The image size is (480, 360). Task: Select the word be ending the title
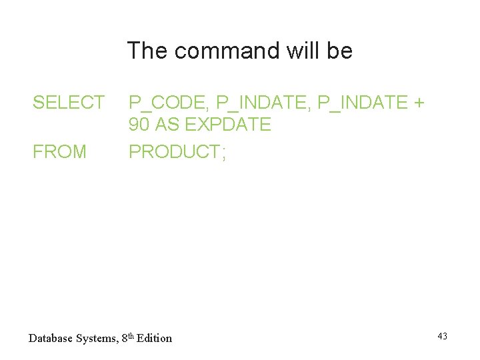(x=340, y=51)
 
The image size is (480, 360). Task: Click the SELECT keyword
(x=69, y=103)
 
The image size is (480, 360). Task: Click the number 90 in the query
(x=139, y=125)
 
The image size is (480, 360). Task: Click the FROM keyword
(x=60, y=152)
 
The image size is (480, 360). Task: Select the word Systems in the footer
(x=99, y=339)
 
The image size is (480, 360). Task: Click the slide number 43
(x=443, y=336)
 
